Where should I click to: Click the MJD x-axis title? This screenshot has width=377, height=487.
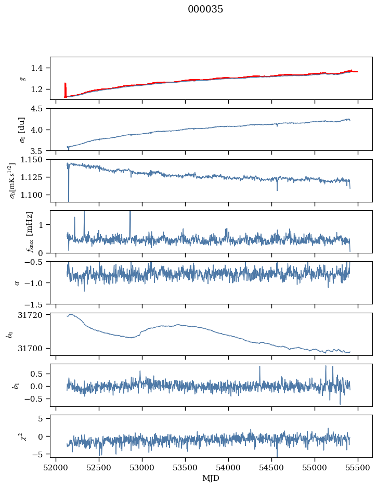[x=211, y=478]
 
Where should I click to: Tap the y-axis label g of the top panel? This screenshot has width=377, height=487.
[x=22, y=78]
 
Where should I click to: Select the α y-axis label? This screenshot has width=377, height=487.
[x=17, y=283]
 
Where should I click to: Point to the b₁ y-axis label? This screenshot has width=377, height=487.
[x=16, y=385]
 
